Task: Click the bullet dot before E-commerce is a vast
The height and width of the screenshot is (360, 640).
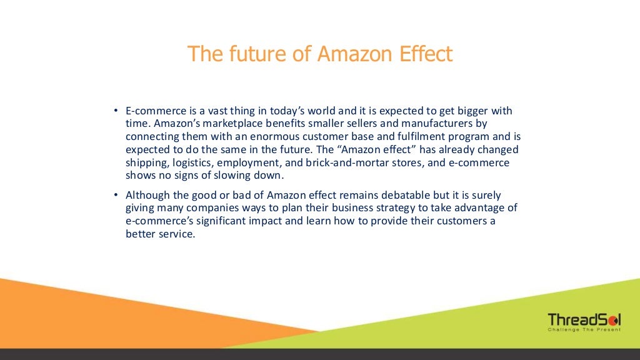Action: tap(116, 111)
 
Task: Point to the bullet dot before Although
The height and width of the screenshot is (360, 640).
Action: tap(116, 196)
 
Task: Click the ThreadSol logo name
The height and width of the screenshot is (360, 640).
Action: tap(584, 319)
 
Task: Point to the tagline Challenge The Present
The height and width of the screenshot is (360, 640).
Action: tap(584, 329)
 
